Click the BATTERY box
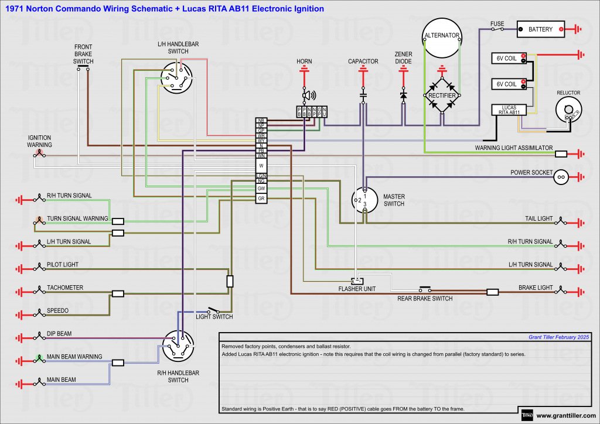(540, 29)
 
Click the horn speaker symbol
(308, 95)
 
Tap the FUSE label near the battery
(497, 24)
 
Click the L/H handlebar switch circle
(177, 78)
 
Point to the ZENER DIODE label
(403, 57)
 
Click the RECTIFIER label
(442, 95)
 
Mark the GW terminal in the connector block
(261, 189)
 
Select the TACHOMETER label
(65, 288)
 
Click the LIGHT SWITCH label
(214, 317)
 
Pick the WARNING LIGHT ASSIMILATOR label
(513, 148)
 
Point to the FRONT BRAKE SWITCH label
(83, 54)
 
